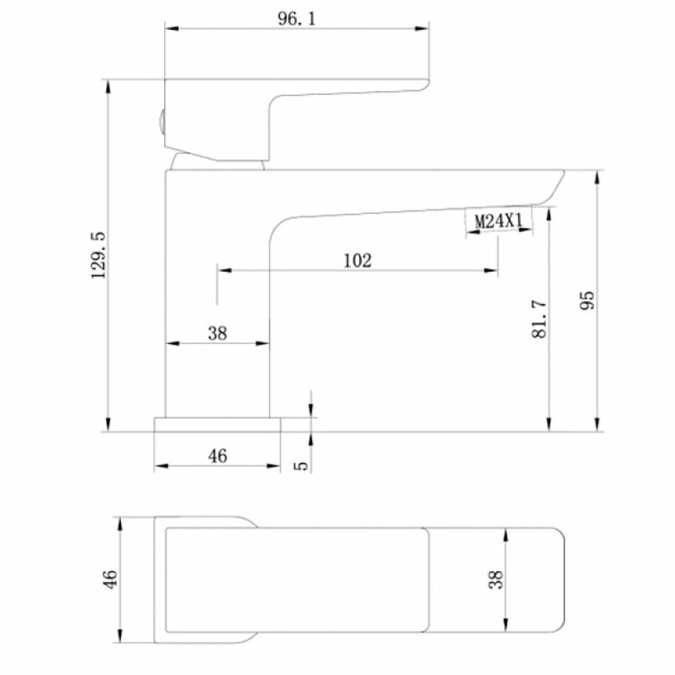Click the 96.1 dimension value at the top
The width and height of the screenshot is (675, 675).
pyautogui.click(x=296, y=18)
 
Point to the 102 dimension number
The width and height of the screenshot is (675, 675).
pyautogui.click(x=357, y=261)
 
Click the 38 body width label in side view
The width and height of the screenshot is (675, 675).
pyautogui.click(x=217, y=333)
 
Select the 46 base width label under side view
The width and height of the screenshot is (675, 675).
pyautogui.click(x=217, y=456)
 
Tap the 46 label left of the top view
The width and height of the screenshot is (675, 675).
pyautogui.click(x=110, y=578)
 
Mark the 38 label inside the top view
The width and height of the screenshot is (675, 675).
pyautogui.click(x=496, y=580)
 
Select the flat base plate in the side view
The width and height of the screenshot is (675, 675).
pyautogui.click(x=217, y=425)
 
